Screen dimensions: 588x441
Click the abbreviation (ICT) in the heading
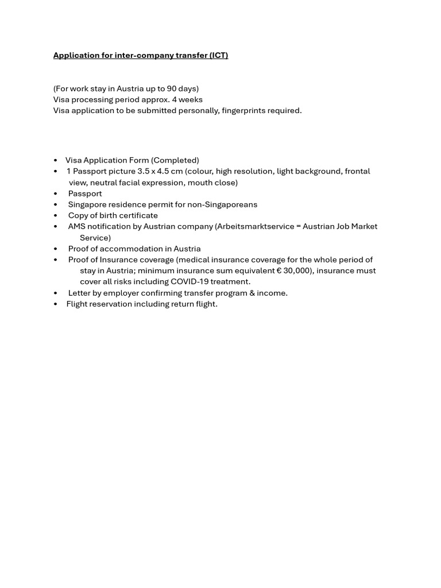(218, 55)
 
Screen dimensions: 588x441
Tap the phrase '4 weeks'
(187, 99)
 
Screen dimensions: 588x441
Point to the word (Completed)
(175, 160)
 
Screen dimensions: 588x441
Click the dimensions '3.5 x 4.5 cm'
(160, 171)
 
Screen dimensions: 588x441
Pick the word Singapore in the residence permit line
(87, 204)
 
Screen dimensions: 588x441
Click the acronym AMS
(76, 226)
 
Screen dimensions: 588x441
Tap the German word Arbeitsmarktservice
(255, 226)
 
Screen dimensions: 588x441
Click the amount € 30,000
(294, 270)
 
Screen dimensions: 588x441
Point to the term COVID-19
(189, 281)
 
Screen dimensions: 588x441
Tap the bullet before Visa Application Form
(56, 160)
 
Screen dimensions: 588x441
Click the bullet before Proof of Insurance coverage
(56, 260)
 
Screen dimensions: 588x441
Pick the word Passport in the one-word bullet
(85, 194)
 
